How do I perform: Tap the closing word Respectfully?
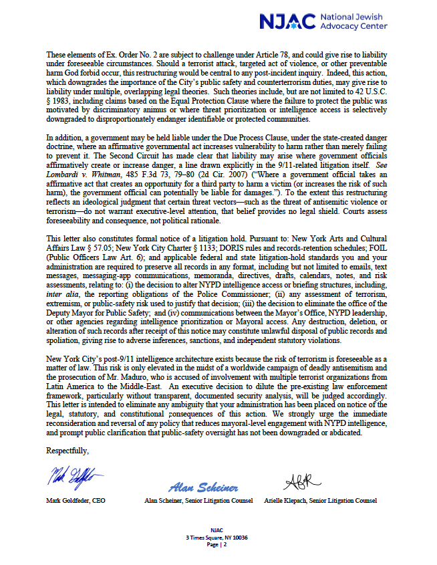[x=67, y=451]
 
